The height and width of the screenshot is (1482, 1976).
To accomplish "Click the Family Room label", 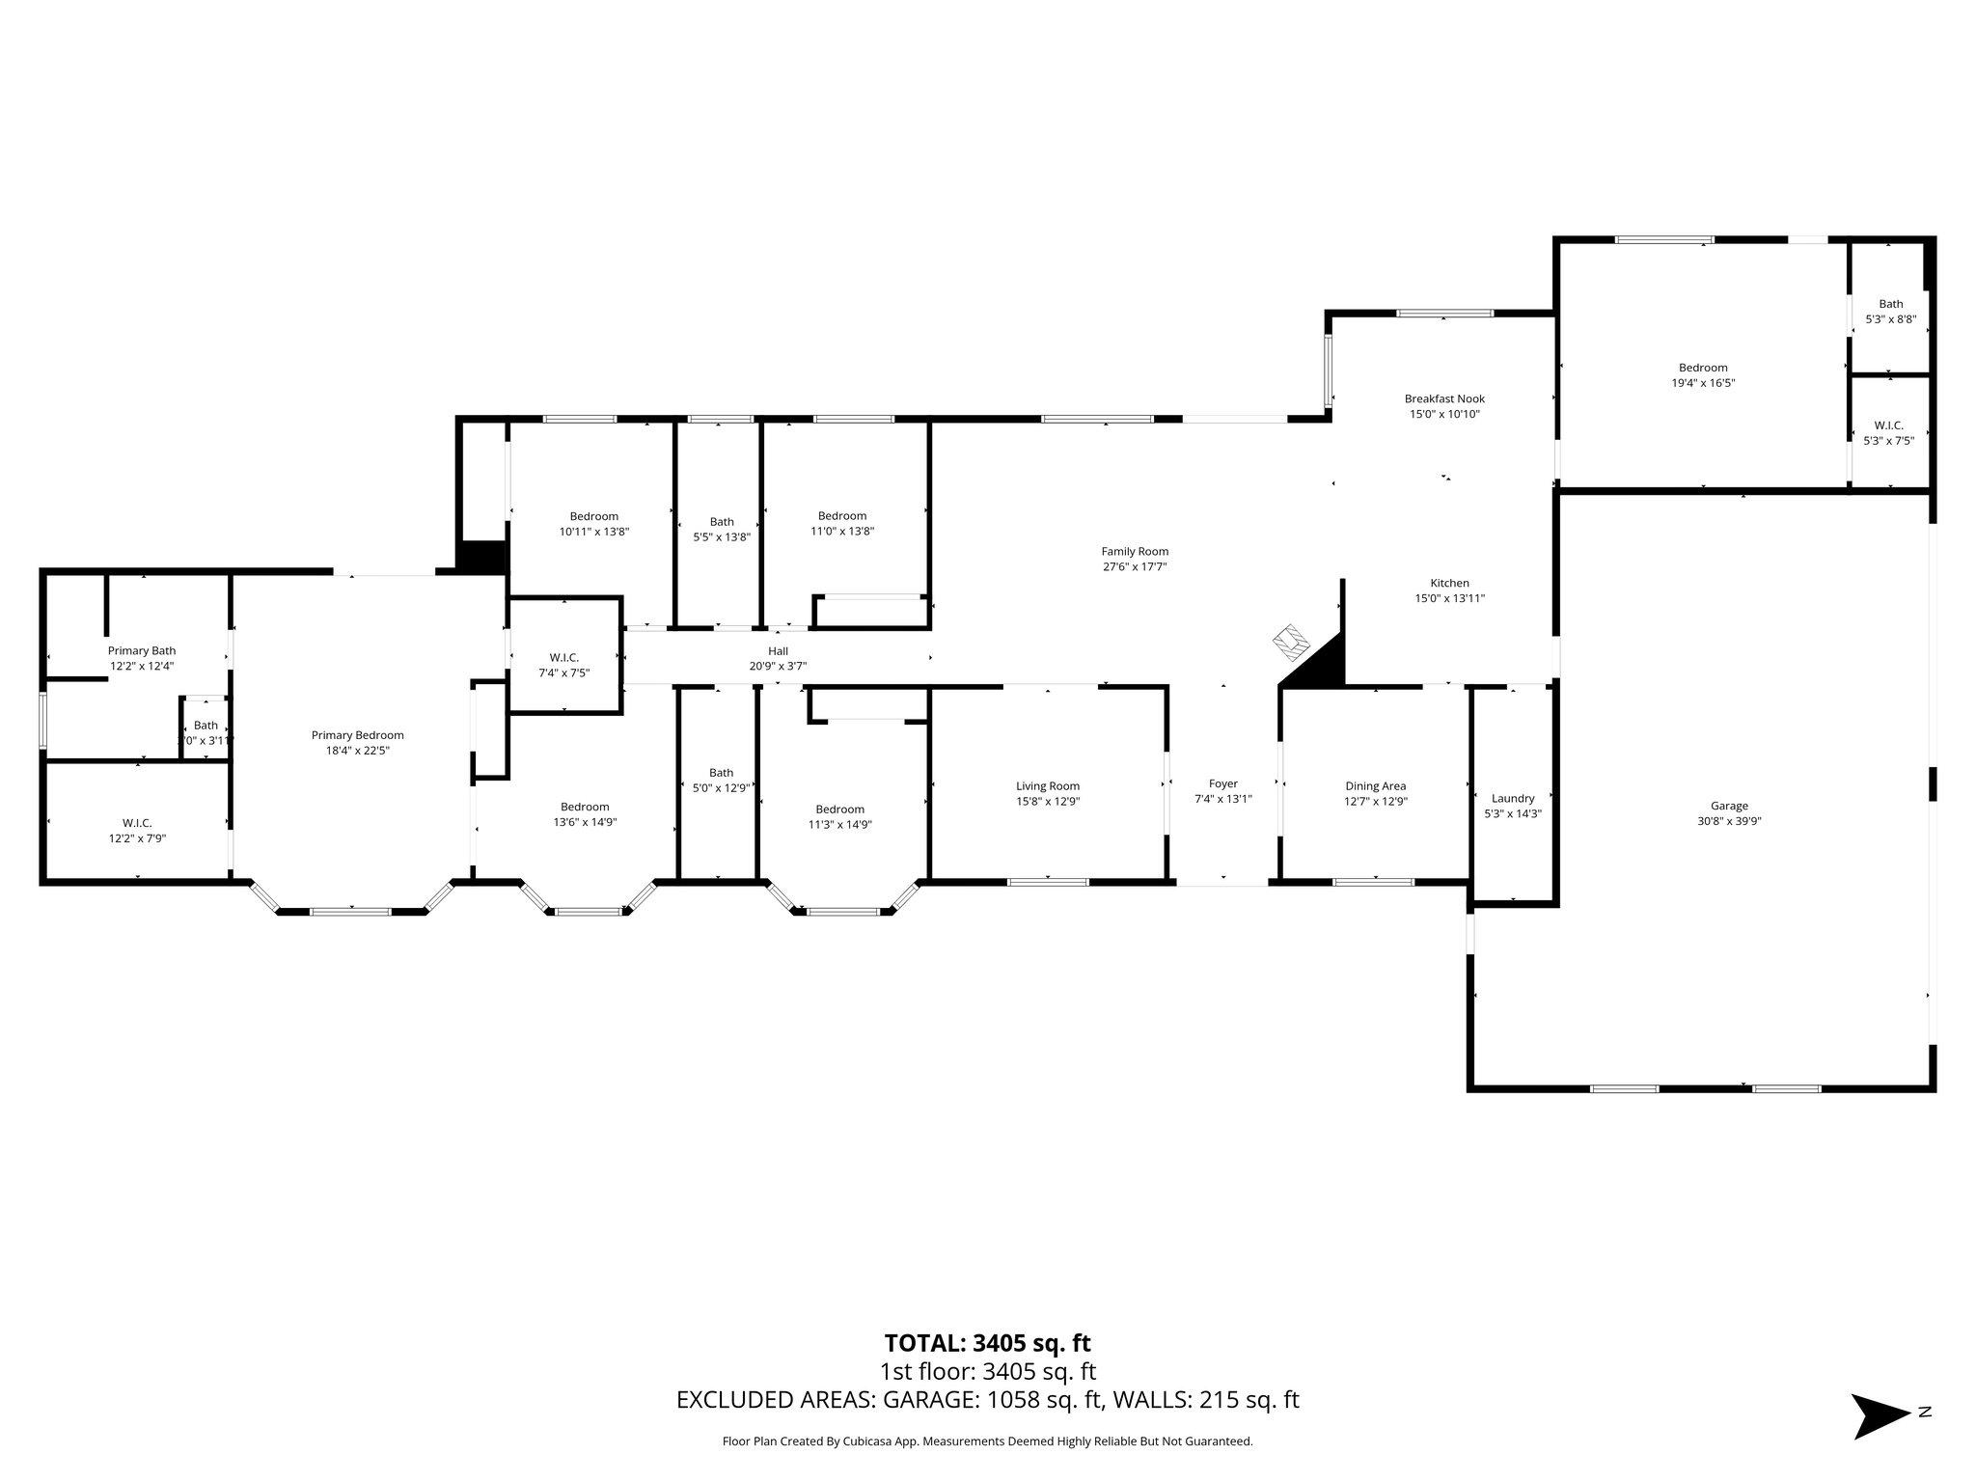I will pyautogui.click(x=1135, y=552).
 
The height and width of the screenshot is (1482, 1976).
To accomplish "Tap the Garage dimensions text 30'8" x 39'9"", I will pyautogui.click(x=1729, y=821).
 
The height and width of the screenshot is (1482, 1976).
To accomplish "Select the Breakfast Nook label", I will pyautogui.click(x=1444, y=398).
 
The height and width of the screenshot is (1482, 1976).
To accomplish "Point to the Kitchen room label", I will pyautogui.click(x=1449, y=583).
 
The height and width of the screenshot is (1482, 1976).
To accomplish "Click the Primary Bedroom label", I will pyautogui.click(x=357, y=735).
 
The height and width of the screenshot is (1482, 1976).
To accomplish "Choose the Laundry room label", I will pyautogui.click(x=1512, y=798).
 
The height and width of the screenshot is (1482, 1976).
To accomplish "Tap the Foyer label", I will pyautogui.click(x=1222, y=783).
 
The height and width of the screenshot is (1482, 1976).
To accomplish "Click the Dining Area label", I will pyautogui.click(x=1375, y=785).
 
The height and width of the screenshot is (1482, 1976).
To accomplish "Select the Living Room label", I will pyautogui.click(x=1047, y=785).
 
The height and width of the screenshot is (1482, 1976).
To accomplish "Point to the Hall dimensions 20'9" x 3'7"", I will pyautogui.click(x=778, y=666).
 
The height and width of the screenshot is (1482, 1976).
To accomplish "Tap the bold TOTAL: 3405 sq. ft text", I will pyautogui.click(x=987, y=1342).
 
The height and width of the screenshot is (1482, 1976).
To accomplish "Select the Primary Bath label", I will pyautogui.click(x=141, y=650).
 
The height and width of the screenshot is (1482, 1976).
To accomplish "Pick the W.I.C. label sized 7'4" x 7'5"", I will pyautogui.click(x=563, y=657).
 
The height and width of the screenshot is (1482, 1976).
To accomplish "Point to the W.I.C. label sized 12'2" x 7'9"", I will pyautogui.click(x=137, y=823).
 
